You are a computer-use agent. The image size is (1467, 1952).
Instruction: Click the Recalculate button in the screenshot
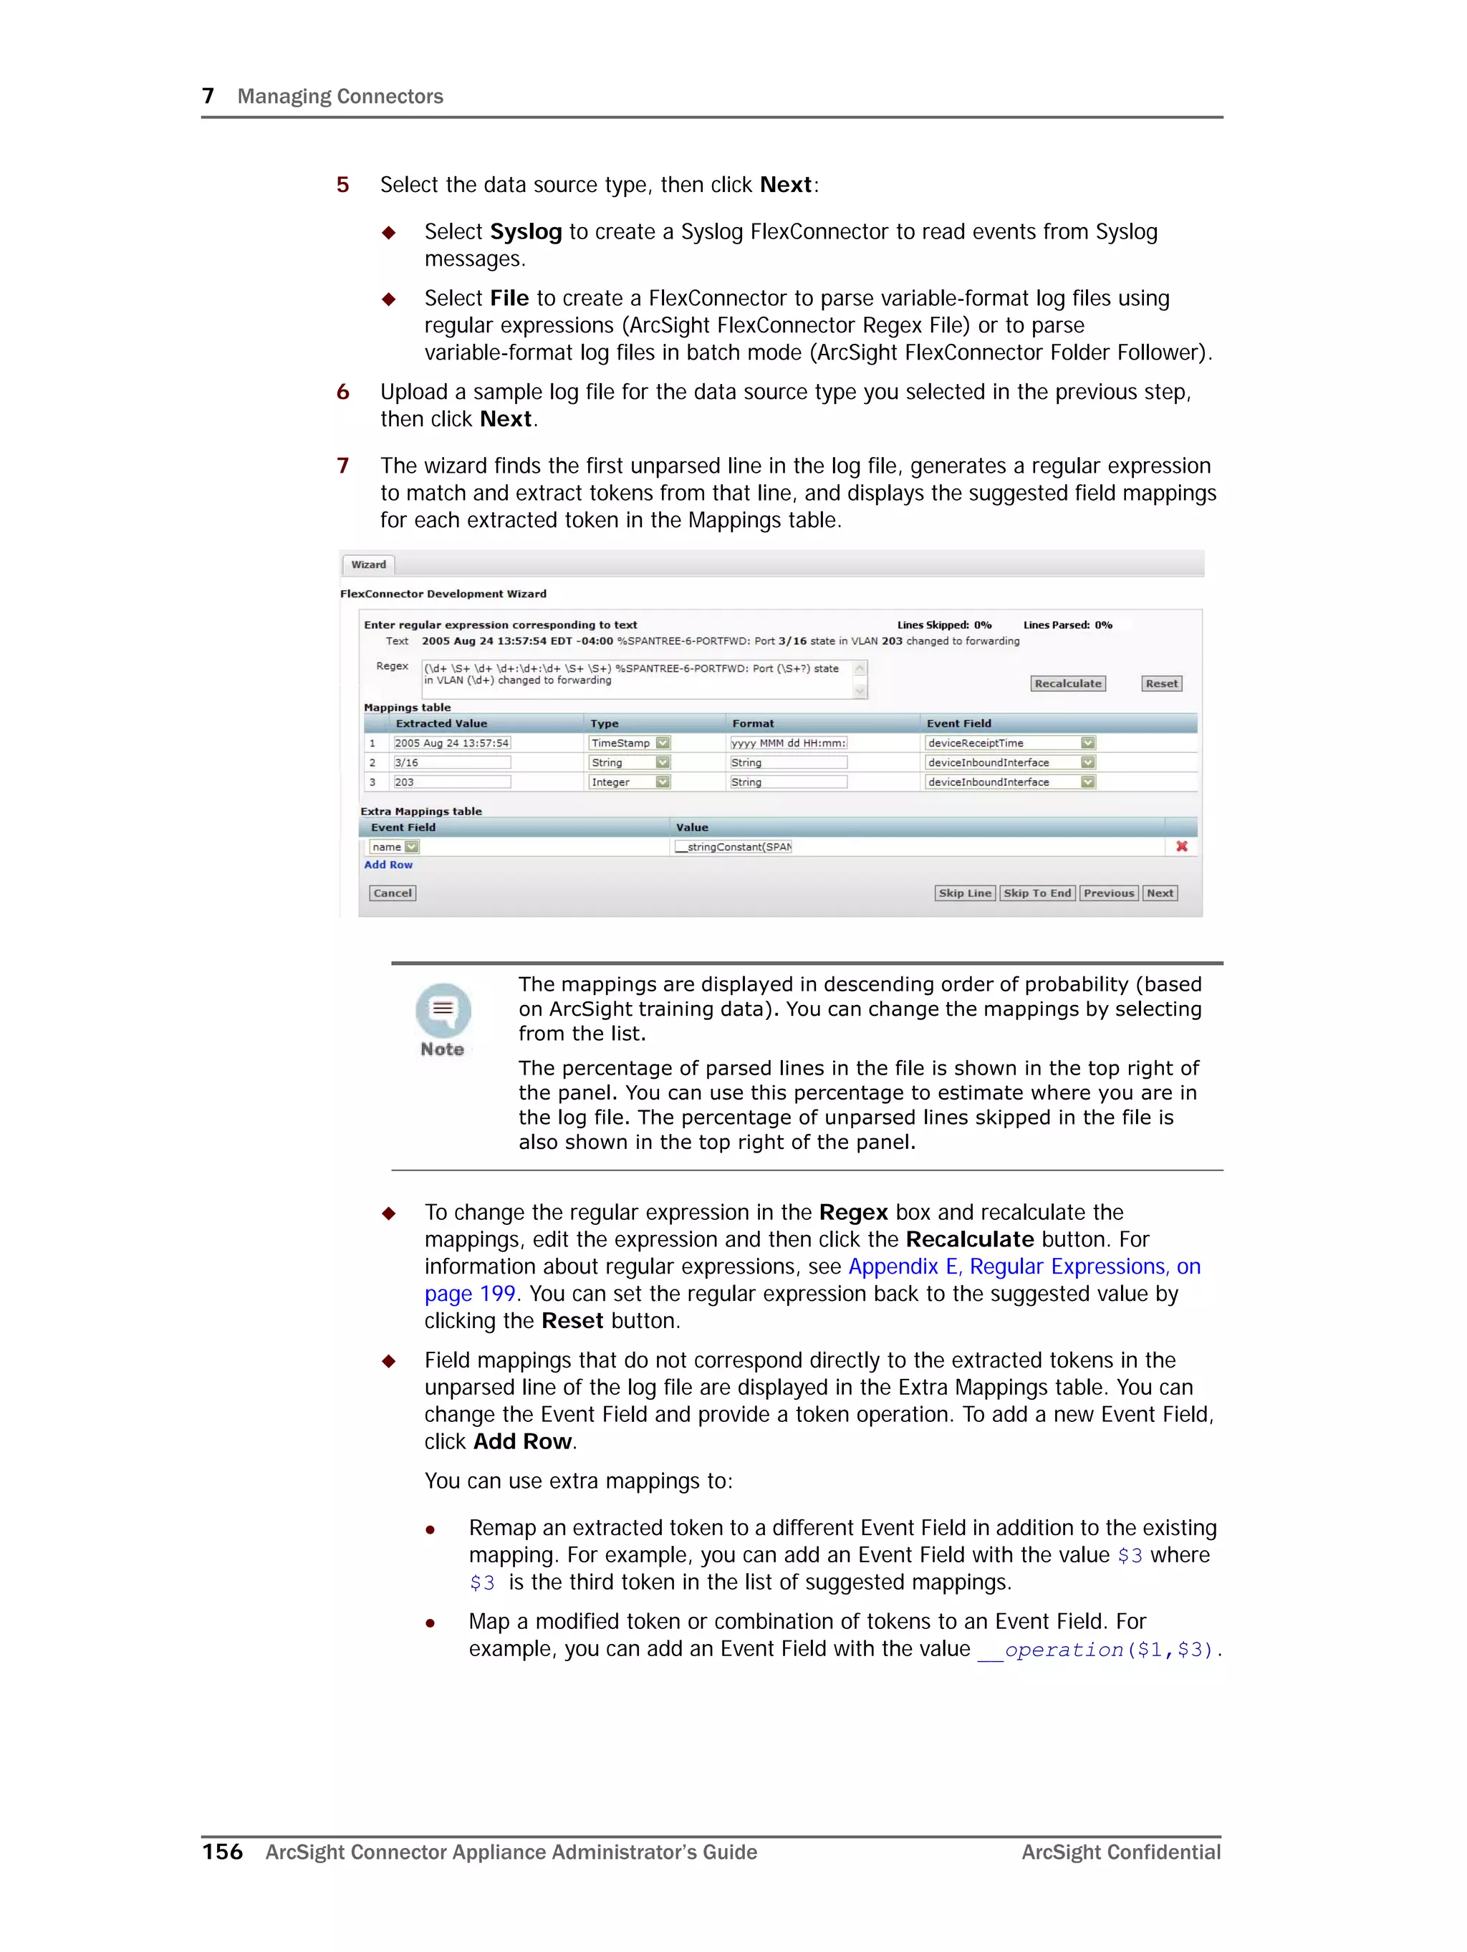(1067, 684)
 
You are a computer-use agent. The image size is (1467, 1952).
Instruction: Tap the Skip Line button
(964, 893)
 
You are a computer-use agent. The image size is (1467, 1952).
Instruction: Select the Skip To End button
(1036, 893)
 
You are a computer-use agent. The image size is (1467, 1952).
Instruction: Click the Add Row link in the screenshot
(388, 865)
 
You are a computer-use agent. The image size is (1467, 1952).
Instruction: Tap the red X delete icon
(1181, 846)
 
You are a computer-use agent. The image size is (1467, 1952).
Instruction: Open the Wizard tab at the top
(368, 564)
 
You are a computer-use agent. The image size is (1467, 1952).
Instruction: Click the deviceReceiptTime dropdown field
(1009, 743)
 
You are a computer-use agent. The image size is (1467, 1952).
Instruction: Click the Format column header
(752, 723)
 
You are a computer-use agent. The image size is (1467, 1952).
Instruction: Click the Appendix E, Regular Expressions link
(1024, 1266)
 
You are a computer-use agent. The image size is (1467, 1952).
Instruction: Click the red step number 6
(342, 392)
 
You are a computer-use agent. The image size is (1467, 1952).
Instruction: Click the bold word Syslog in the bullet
(525, 231)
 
